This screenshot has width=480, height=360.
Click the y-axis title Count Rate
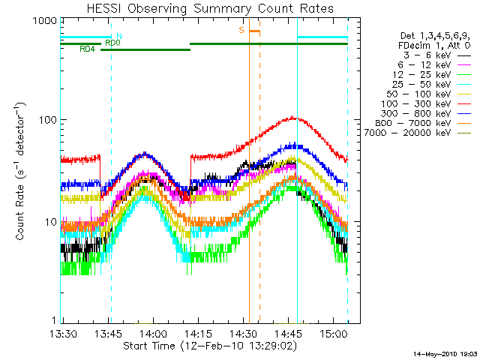(x=22, y=173)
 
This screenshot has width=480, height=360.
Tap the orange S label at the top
(x=241, y=30)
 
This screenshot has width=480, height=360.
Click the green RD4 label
(x=87, y=49)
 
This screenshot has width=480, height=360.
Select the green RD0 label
(x=112, y=43)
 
